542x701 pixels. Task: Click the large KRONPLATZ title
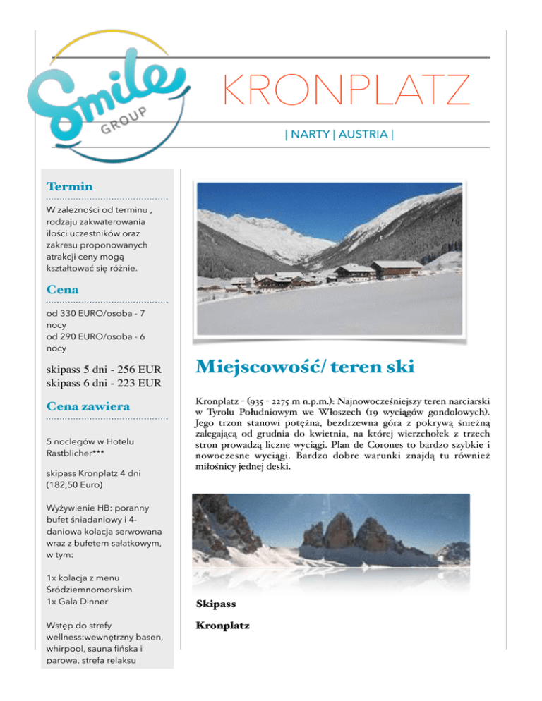[346, 92]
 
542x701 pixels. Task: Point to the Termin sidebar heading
[68, 187]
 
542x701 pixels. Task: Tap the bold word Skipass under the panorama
[215, 604]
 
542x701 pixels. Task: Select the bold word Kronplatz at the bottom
[222, 626]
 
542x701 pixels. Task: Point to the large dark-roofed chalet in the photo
[397, 268]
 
